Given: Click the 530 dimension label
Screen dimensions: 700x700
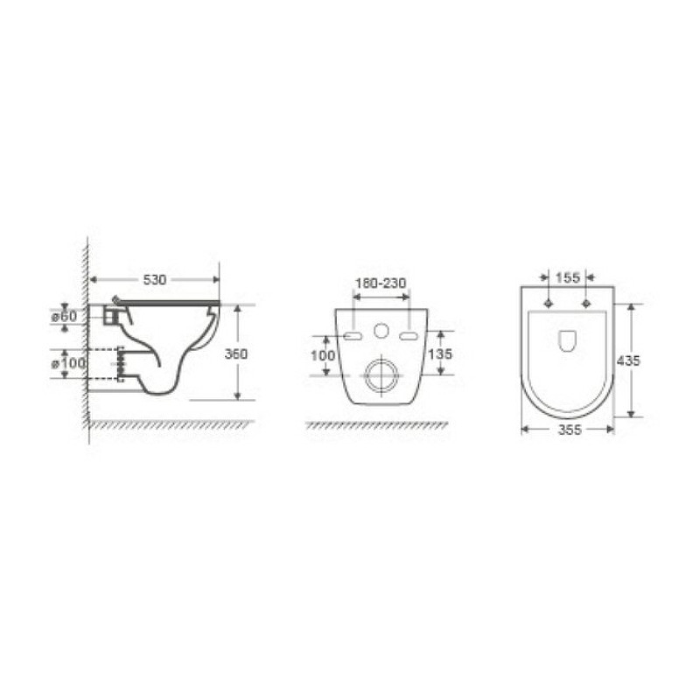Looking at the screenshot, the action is [155, 280].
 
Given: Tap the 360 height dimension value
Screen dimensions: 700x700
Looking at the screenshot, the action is [236, 354].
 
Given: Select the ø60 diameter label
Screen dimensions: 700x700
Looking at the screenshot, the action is [64, 317].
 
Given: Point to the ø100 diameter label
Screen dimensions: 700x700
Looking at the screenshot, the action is [68, 363].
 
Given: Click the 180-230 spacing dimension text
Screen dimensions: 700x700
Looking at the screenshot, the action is [381, 283].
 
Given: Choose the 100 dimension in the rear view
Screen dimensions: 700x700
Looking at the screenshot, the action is [322, 355].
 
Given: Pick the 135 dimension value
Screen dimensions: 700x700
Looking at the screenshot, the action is [440, 354].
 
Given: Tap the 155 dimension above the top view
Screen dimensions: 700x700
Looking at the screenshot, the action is [567, 277].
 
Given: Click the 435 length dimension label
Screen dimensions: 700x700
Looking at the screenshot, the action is [628, 360].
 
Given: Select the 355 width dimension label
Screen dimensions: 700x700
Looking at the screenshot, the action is [570, 430].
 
